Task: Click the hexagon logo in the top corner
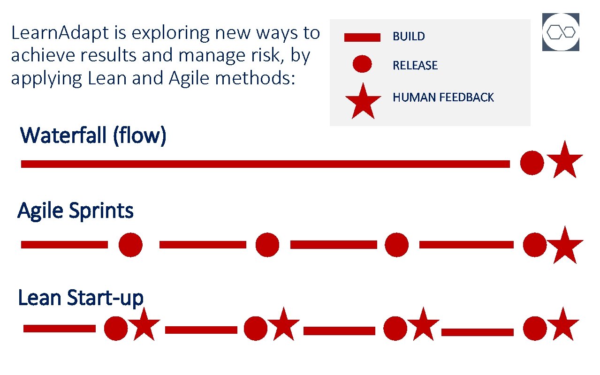tap(561, 32)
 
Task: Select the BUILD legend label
tap(409, 37)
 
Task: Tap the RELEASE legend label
tap(415, 66)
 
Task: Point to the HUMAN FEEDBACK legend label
tap(443, 97)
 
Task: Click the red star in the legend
tap(363, 101)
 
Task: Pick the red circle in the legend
tap(362, 64)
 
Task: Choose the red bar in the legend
tap(362, 37)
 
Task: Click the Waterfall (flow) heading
tap(93, 136)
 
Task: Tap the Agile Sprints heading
tap(76, 211)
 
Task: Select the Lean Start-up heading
tap(80, 298)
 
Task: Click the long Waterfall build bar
tap(265, 164)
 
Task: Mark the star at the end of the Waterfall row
tap(565, 160)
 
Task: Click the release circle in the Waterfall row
tap(532, 163)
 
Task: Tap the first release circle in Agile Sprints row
tap(130, 245)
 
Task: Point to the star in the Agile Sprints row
tap(565, 246)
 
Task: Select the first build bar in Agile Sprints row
tap(64, 245)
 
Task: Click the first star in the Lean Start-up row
tap(144, 324)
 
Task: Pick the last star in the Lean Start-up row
tap(562, 324)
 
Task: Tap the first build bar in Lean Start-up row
tap(59, 329)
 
